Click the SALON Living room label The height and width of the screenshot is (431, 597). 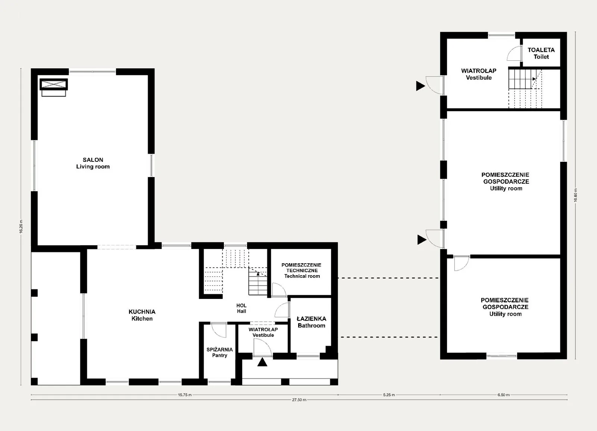(93, 163)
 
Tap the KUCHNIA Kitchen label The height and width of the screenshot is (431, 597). (142, 315)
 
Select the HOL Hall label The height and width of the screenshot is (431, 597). (241, 308)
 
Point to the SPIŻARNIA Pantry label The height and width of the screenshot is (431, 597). (220, 352)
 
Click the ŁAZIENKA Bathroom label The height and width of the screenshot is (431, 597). (311, 322)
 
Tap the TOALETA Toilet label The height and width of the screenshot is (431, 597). (541, 53)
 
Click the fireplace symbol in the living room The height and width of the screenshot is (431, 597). (54, 87)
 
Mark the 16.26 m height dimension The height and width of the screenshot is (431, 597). (21, 227)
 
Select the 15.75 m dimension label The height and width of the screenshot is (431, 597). (185, 395)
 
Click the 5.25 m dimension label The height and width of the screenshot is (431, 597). (389, 395)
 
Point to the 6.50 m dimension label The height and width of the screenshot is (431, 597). (503, 395)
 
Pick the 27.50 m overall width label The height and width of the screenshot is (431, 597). (299, 400)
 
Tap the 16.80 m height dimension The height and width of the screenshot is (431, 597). (575, 195)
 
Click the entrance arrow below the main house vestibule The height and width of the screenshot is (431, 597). (262, 362)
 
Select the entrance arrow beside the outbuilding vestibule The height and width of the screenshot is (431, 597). (420, 86)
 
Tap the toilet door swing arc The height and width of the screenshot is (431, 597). (510, 52)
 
